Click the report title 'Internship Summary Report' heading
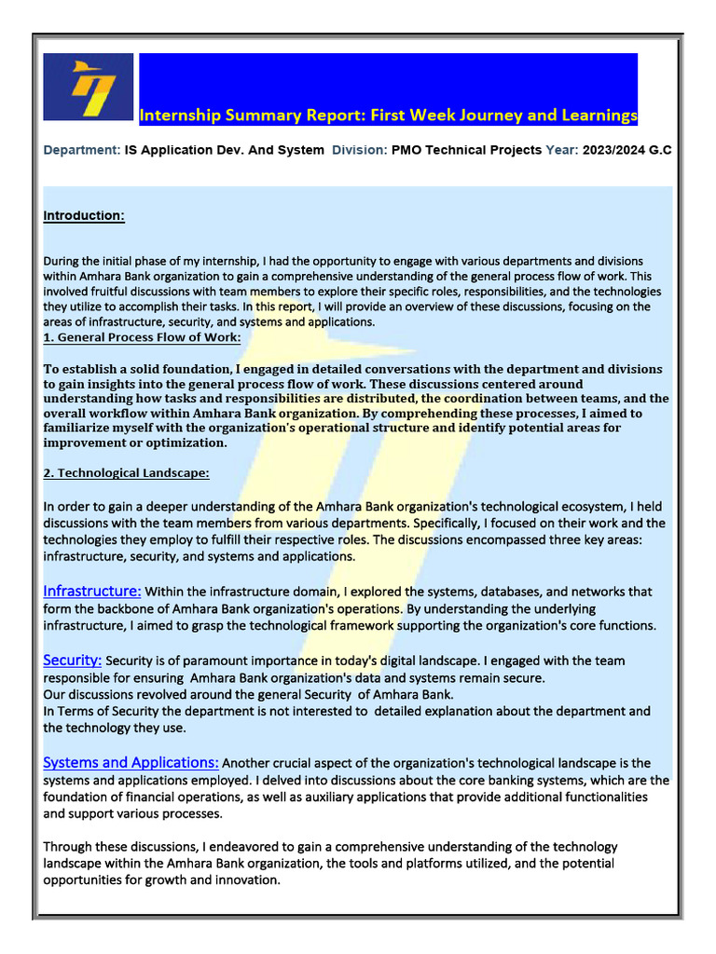coord(388,116)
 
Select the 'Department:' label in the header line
coord(82,150)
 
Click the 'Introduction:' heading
coord(84,216)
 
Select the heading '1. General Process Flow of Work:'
coord(142,337)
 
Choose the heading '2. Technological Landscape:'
coord(127,473)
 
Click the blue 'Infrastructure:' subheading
coord(92,591)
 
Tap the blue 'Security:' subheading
coord(73,660)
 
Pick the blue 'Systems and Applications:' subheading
coord(131,762)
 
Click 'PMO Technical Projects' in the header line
coord(466,150)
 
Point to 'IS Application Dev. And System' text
coord(225,150)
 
